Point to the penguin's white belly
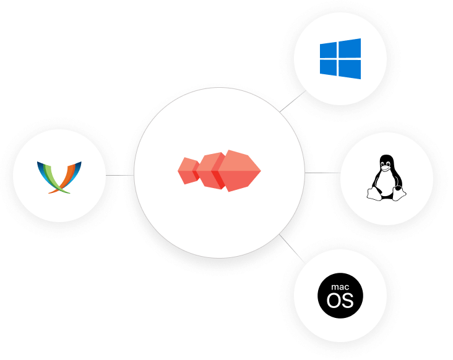(386, 182)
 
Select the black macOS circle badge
(340, 295)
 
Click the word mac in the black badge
(340, 287)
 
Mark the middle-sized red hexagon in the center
(210, 170)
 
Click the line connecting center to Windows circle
(293, 101)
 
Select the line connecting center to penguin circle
(322, 173)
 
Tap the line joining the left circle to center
(119, 175)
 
